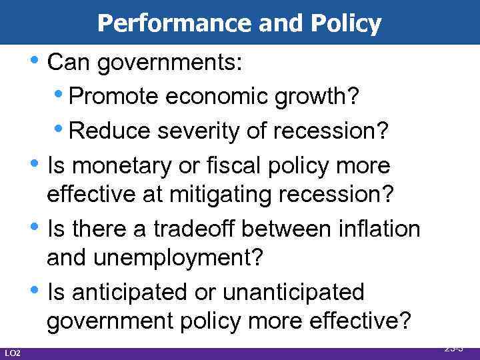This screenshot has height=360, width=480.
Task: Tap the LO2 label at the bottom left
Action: point(13,353)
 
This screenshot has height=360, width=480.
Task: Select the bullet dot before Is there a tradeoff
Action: point(39,227)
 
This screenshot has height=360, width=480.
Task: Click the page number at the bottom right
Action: point(453,347)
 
